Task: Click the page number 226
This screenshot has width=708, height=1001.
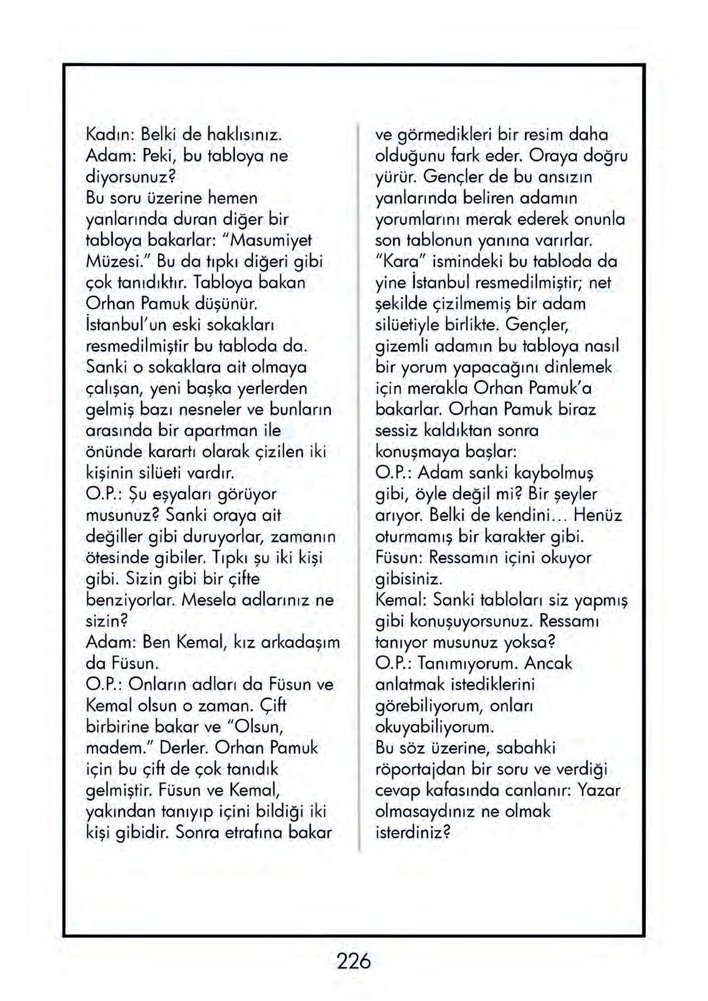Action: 353,961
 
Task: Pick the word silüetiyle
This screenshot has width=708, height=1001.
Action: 409,325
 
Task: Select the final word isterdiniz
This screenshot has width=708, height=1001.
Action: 413,832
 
